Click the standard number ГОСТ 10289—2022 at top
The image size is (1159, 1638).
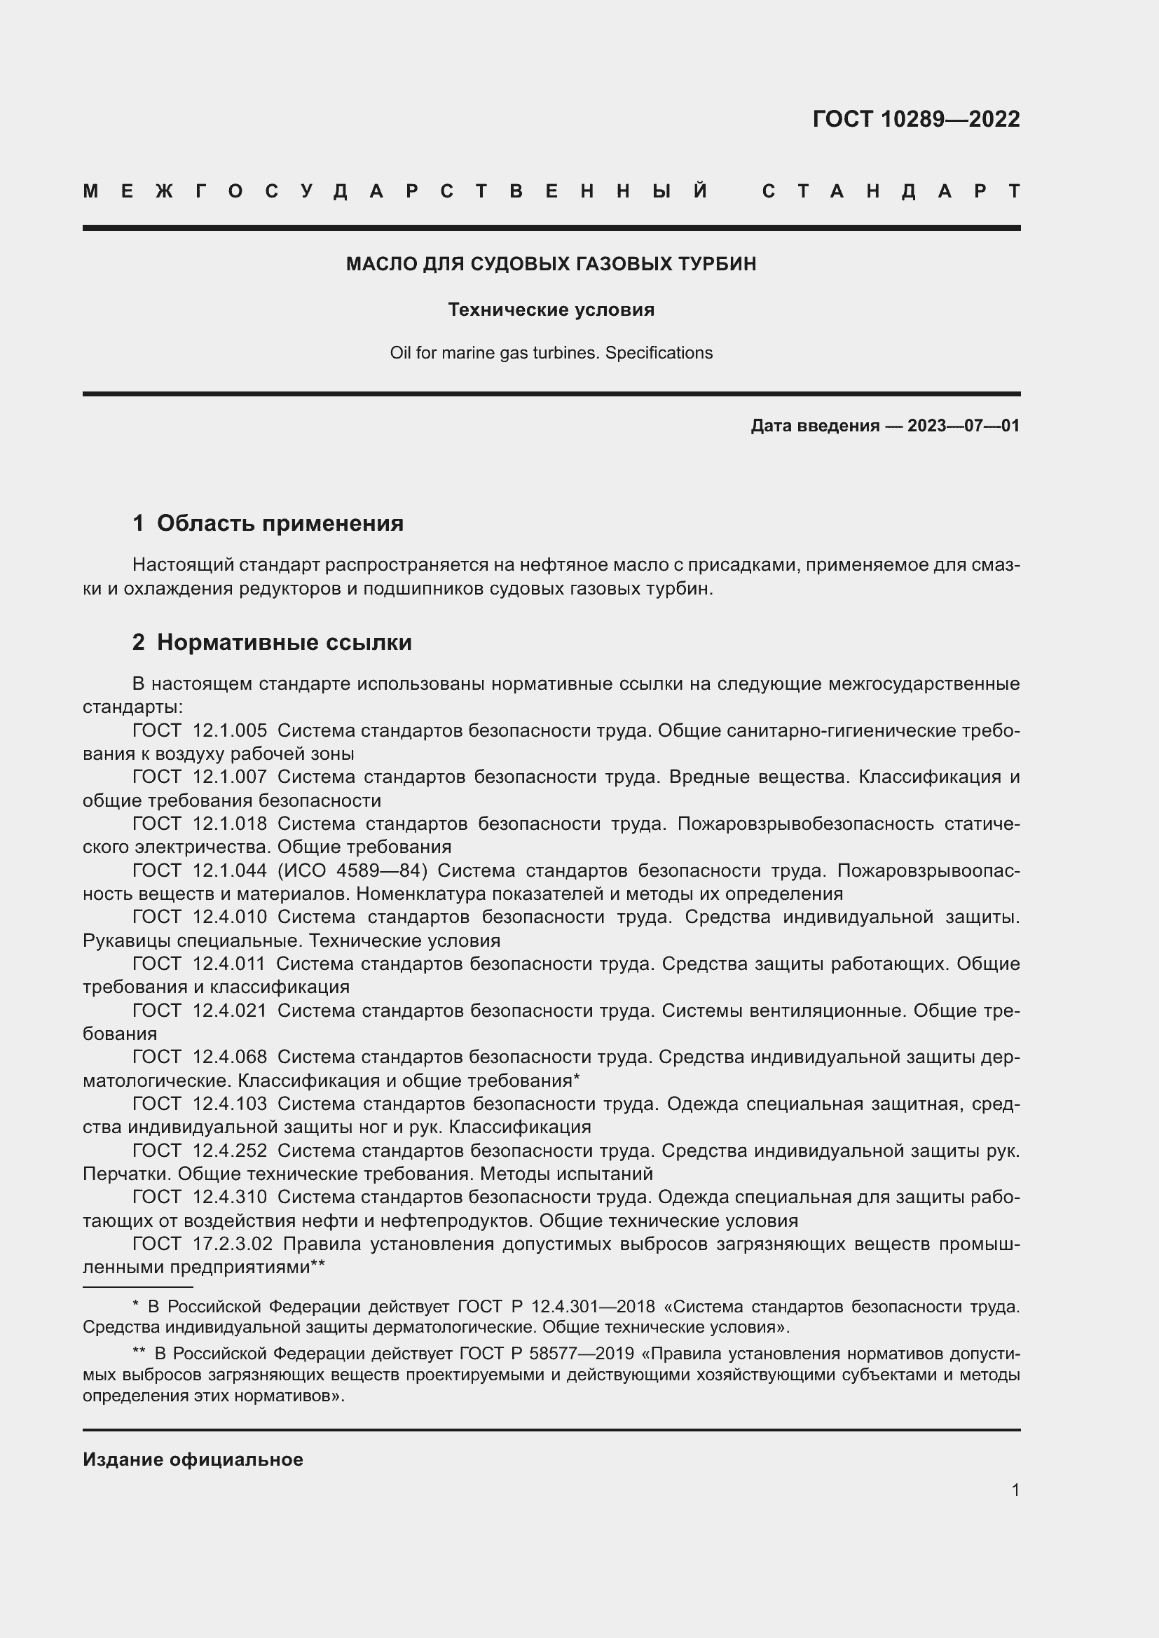(x=916, y=118)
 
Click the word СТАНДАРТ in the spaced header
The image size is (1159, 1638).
(x=891, y=191)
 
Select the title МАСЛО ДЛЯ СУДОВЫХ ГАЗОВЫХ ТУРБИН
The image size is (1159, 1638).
(x=551, y=264)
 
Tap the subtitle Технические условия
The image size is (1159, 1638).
(x=551, y=310)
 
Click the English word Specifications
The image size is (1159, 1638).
(x=659, y=353)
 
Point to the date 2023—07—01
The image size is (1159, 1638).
(x=963, y=426)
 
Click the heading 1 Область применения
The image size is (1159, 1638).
(x=268, y=523)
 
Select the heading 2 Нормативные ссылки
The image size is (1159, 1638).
(x=272, y=642)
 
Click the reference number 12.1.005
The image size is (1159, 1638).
(x=230, y=730)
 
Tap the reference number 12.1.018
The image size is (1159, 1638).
(x=230, y=824)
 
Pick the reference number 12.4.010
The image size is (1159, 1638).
(x=230, y=917)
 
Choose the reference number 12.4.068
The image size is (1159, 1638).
(x=230, y=1057)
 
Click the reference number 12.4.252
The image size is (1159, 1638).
(x=230, y=1150)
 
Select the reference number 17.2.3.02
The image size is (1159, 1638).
(x=233, y=1244)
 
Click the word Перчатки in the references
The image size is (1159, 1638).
(x=127, y=1174)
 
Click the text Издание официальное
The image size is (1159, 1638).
(x=193, y=1459)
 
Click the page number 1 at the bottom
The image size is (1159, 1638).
(x=1015, y=1490)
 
